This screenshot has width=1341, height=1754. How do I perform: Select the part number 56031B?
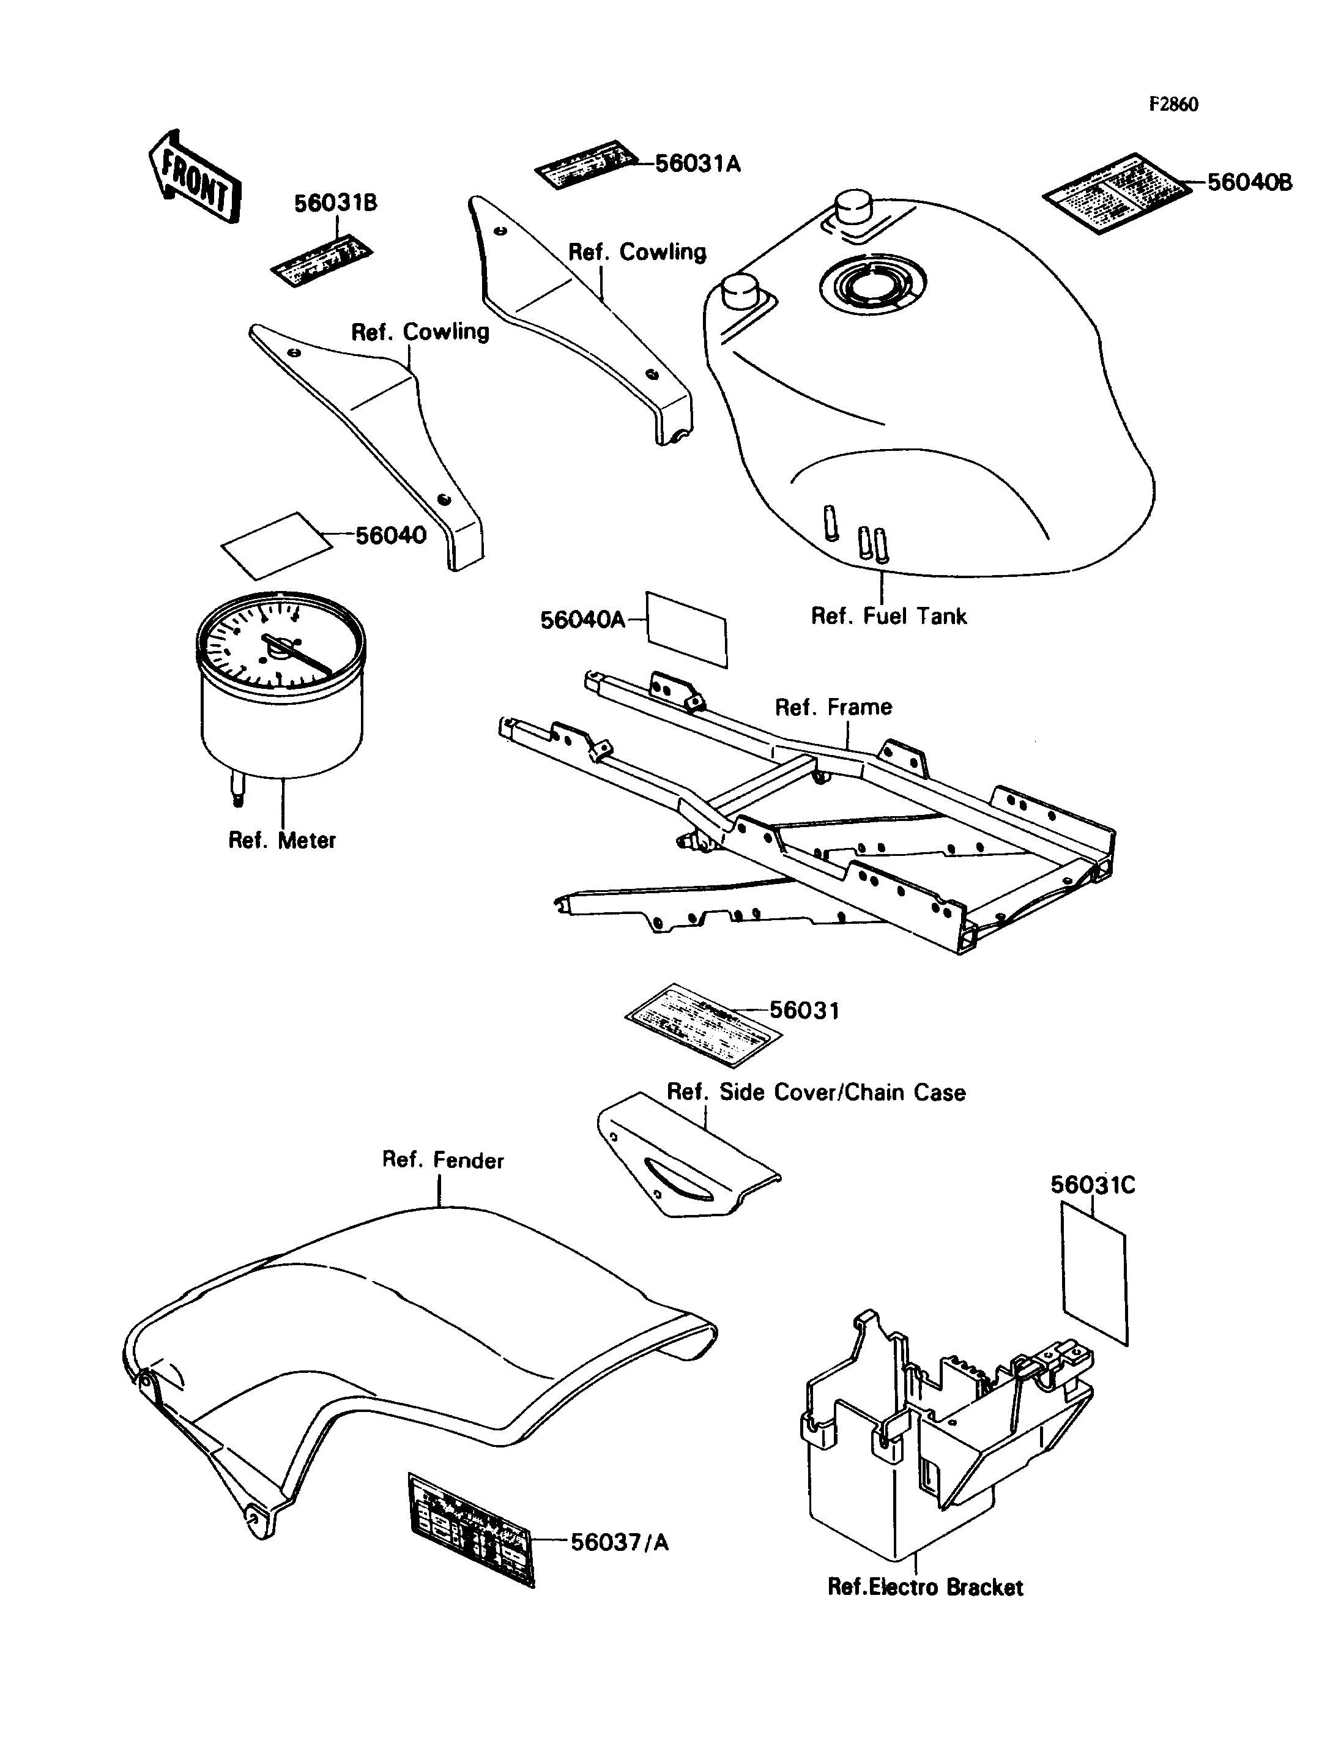pos(335,204)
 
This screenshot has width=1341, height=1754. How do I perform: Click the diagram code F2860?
pos(1173,105)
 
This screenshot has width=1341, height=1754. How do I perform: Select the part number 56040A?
pos(582,620)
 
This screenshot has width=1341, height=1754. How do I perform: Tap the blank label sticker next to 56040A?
pos(686,629)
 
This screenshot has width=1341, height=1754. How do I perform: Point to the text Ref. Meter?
pos(282,840)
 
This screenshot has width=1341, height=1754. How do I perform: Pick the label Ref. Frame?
pos(833,707)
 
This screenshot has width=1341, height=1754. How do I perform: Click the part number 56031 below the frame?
pos(804,1011)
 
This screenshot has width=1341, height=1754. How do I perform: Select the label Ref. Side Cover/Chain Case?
pos(815,1092)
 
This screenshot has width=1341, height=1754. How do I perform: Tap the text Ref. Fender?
pos(443,1160)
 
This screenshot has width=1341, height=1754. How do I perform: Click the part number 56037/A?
pos(619,1542)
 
